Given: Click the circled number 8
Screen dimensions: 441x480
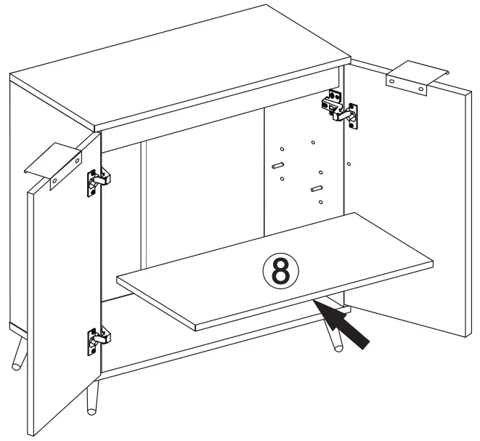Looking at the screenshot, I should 280,270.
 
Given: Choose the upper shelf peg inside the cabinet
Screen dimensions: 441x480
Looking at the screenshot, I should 277,166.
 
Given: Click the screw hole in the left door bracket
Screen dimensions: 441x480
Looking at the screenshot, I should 54,178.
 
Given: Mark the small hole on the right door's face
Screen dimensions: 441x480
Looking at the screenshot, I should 349,164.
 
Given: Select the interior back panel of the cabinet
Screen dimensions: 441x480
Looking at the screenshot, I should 203,203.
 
